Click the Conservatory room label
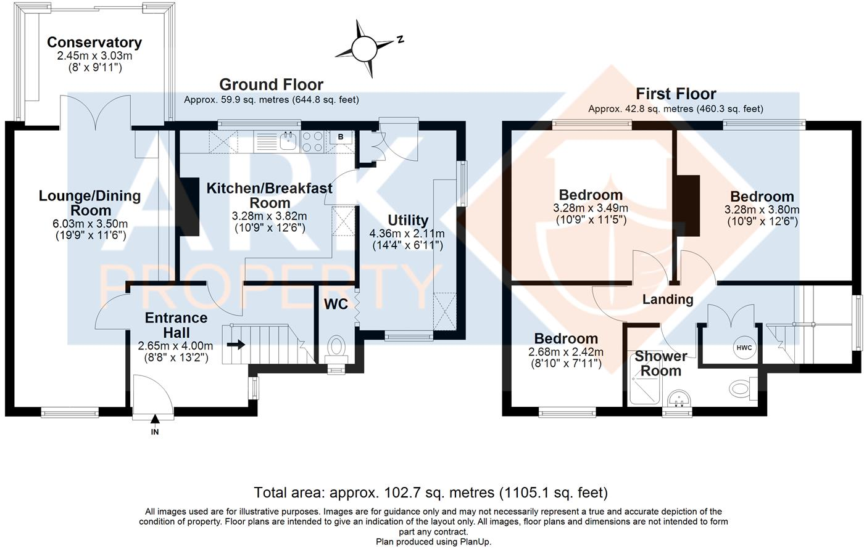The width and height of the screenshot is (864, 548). (x=94, y=43)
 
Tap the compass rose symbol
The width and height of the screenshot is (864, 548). (x=365, y=49)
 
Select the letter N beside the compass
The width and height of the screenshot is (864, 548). (x=401, y=39)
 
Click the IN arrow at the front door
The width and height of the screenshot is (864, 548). (x=155, y=419)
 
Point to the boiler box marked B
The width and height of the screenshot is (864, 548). (x=341, y=137)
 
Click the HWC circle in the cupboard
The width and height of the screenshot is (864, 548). (x=744, y=348)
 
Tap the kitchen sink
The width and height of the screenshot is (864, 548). (x=288, y=141)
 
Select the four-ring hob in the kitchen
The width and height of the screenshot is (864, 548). (x=313, y=141)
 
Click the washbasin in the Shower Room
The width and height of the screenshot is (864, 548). (x=678, y=399)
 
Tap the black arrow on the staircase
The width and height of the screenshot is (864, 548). (x=236, y=344)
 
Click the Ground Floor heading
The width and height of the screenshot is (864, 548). (x=271, y=84)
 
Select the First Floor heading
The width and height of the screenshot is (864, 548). (x=676, y=94)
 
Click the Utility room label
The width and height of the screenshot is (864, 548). (x=408, y=220)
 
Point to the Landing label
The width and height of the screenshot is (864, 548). (x=668, y=300)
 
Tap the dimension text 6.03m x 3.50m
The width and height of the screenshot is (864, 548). (x=90, y=224)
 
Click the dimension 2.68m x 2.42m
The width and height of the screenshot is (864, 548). (x=566, y=351)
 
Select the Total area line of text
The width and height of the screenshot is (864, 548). (x=431, y=493)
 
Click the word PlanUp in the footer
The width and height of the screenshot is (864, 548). (x=476, y=542)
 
